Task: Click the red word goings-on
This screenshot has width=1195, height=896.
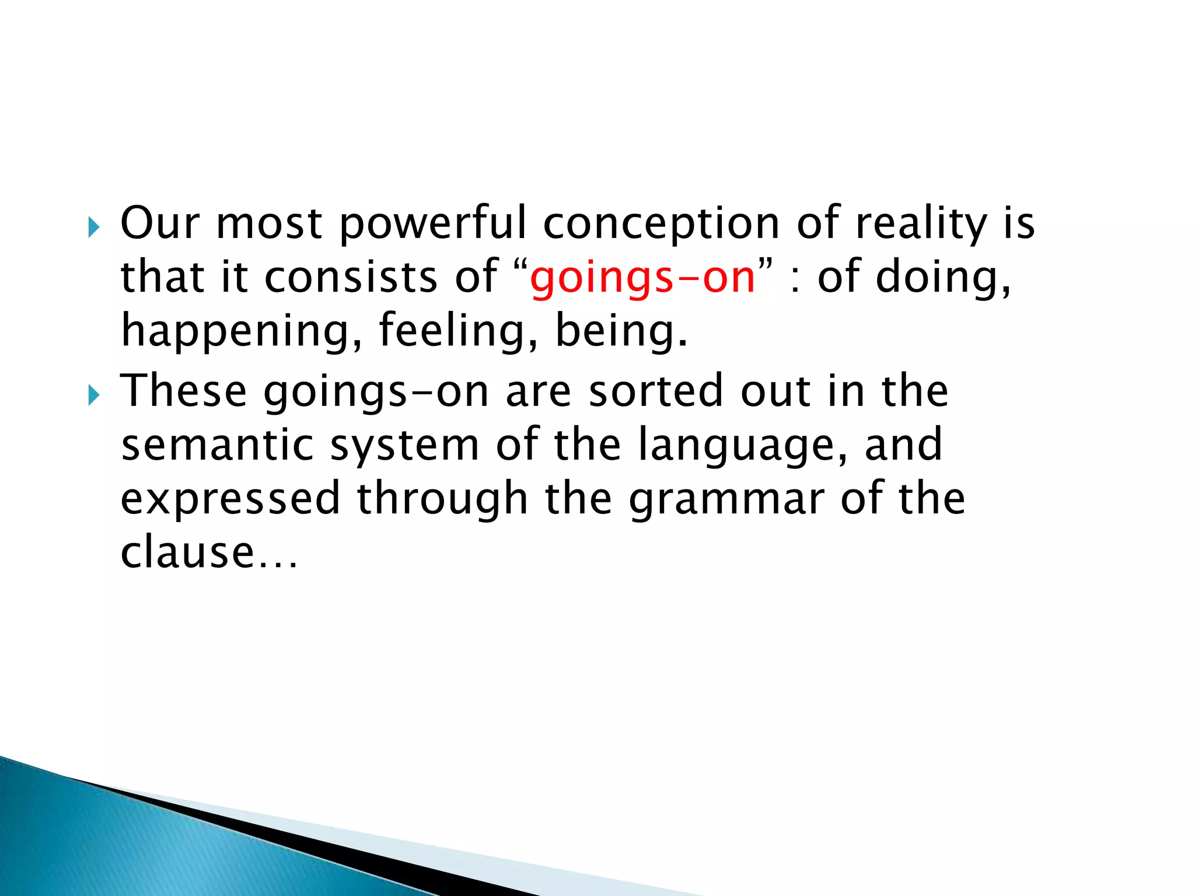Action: pos(642,278)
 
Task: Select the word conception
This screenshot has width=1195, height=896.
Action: pos(662,224)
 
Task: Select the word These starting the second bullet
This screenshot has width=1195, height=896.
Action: pos(184,391)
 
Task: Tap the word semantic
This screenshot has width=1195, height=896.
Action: pos(218,444)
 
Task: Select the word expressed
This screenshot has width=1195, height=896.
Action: pos(230,499)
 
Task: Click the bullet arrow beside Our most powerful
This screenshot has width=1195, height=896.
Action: pos(94,227)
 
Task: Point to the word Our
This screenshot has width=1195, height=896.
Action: pos(160,224)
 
